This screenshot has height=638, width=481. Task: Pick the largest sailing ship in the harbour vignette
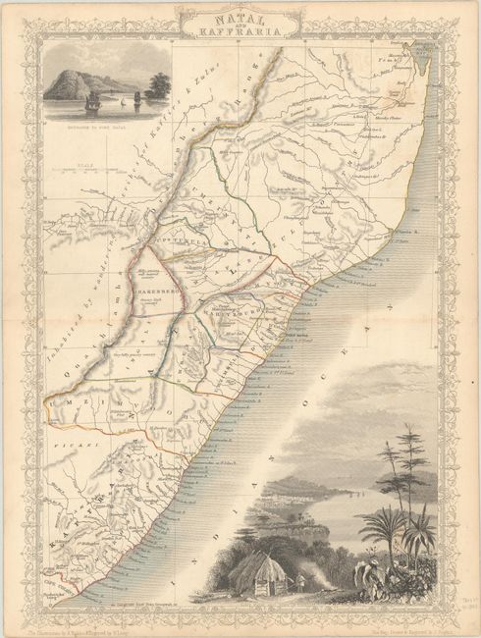pyautogui.click(x=92, y=100)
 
